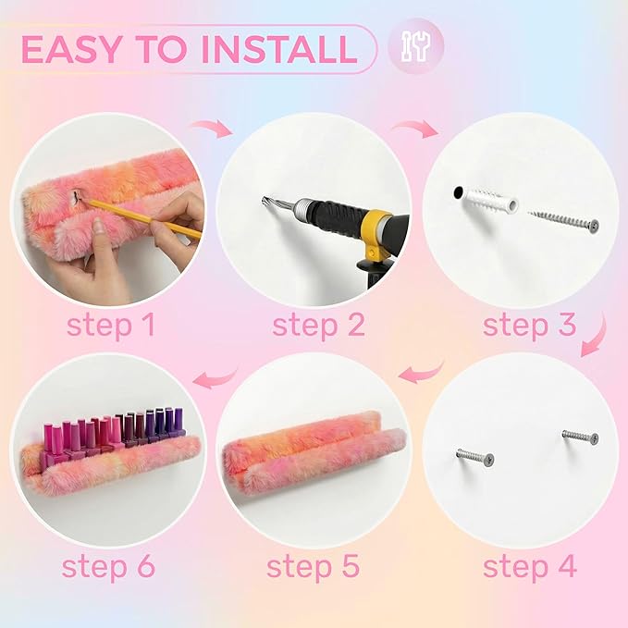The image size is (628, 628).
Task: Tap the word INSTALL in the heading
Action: point(279,49)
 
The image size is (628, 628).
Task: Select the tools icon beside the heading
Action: point(415,45)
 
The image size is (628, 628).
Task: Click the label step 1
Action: point(111,326)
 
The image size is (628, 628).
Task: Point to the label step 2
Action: point(319,326)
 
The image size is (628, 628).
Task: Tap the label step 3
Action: point(529,326)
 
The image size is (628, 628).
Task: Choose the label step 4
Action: point(530,567)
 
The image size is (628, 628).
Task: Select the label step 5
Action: point(314,567)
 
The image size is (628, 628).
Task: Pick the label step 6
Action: point(108,567)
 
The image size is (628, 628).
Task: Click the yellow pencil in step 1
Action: point(142,218)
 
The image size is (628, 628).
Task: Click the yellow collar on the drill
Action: point(378,232)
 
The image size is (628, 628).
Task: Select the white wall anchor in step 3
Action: point(489,200)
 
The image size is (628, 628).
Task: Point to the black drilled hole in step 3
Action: point(458,192)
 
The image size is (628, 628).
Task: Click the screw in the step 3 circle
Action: point(564,221)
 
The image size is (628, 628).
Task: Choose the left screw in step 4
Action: point(475,458)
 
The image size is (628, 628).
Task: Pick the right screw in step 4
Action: point(580,437)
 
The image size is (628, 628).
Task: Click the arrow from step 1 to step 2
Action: point(212,128)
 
